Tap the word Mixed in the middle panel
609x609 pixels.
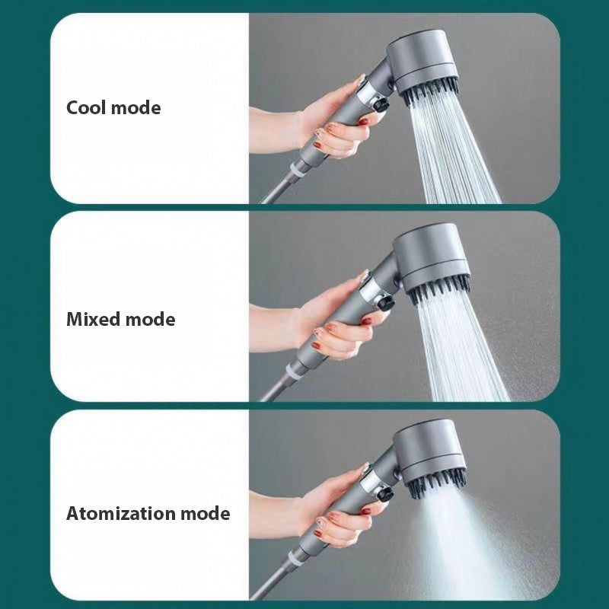[93, 319]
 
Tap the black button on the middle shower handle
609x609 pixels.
[385, 302]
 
